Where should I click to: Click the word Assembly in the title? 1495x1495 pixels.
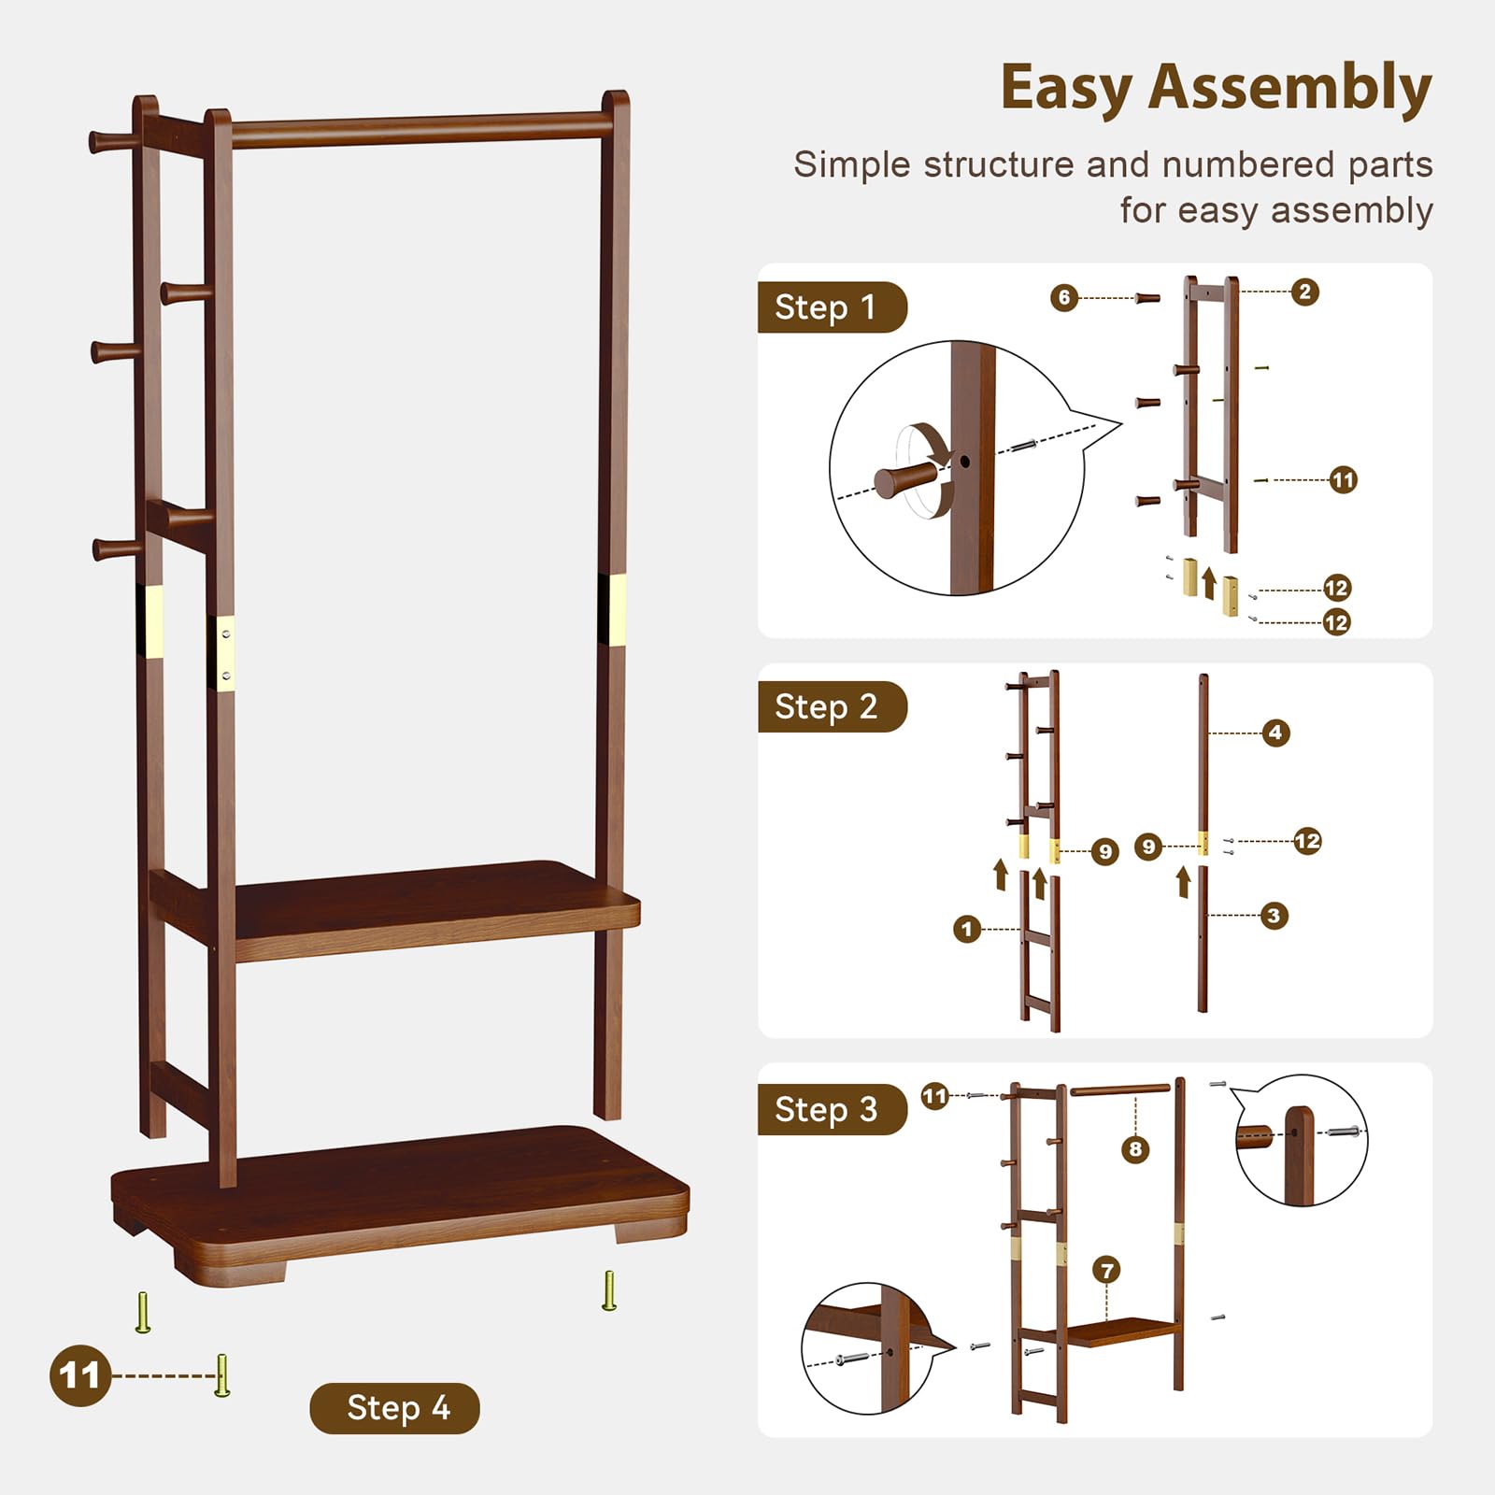tap(1289, 89)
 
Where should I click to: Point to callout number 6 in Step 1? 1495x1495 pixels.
tap(1063, 298)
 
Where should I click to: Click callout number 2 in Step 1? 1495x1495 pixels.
tap(1305, 292)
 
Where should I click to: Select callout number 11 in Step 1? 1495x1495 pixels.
tap(1343, 480)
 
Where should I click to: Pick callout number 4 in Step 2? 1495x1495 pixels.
tap(1275, 733)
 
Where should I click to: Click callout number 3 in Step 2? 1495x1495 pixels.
tap(1274, 916)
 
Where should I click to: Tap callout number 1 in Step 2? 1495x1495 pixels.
tap(967, 929)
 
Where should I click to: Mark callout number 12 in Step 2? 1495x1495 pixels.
tap(1307, 841)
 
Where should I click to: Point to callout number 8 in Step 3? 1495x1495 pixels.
tap(1135, 1149)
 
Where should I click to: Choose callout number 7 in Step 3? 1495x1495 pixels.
tap(1107, 1270)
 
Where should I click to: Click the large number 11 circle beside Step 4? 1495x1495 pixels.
tap(79, 1375)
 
